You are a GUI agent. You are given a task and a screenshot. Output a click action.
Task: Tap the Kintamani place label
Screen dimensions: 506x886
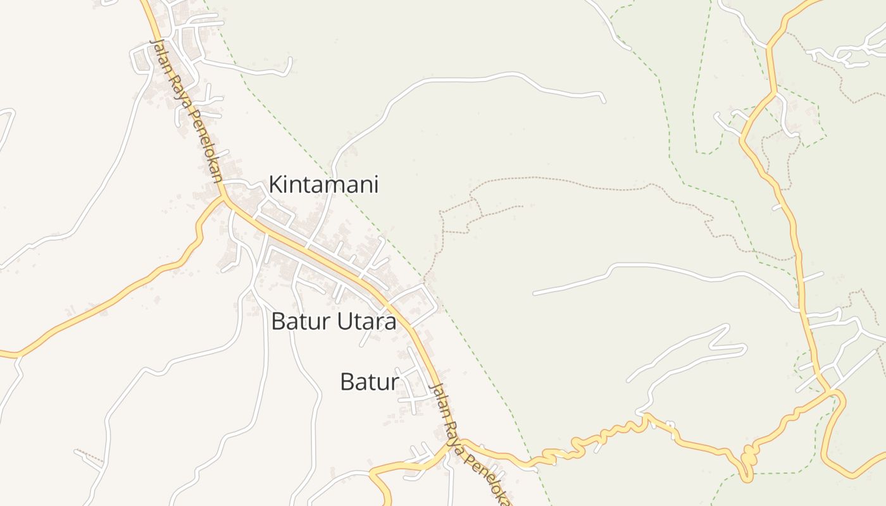tap(323, 185)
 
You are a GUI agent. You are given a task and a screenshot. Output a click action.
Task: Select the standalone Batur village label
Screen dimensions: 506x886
tap(370, 382)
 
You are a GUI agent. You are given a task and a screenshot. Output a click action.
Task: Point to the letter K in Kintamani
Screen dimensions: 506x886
tap(276, 185)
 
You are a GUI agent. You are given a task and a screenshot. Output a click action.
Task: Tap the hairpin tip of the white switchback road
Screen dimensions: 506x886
tap(744, 348)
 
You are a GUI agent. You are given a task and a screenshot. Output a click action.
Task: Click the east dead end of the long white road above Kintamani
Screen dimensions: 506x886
tap(603, 100)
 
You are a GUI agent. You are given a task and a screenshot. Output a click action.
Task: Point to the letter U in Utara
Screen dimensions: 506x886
tap(342, 321)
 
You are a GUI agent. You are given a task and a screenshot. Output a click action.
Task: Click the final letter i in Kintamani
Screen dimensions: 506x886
tap(375, 185)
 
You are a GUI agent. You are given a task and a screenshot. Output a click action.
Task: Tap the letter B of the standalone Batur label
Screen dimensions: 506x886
tap(346, 382)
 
